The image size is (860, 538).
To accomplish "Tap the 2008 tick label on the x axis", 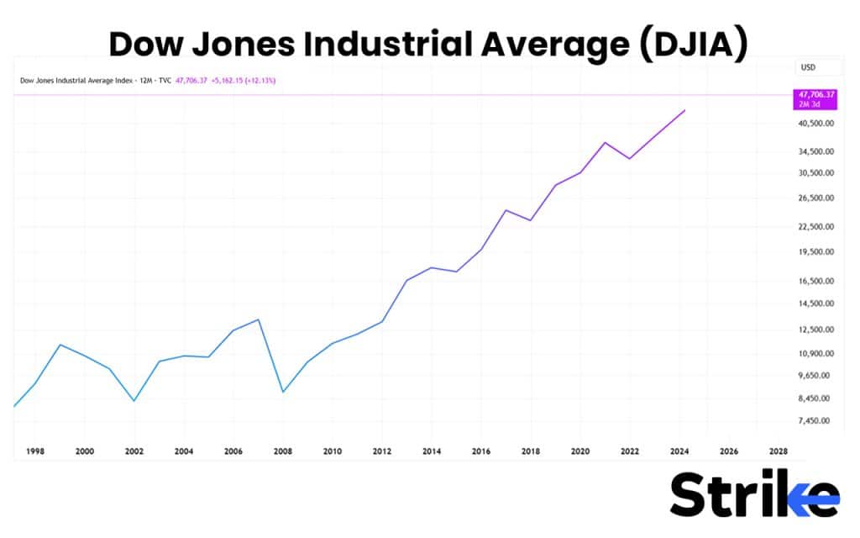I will click(283, 451).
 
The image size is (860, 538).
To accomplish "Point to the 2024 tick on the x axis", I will click(679, 451).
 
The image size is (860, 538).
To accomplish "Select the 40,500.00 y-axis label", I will click(816, 123).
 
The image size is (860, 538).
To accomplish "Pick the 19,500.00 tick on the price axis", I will click(816, 251).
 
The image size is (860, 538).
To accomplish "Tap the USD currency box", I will click(809, 67).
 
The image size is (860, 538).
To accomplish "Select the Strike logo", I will click(754, 494).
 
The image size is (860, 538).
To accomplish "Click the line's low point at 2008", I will click(283, 392).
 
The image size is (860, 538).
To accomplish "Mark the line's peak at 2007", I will click(259, 319).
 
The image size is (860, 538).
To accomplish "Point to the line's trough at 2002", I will click(134, 401).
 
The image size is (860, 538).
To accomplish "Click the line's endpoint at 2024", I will click(686, 110).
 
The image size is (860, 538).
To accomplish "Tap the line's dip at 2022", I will click(630, 158).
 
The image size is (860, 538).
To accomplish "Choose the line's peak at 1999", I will click(60, 345).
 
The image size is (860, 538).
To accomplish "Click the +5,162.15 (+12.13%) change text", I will click(244, 81).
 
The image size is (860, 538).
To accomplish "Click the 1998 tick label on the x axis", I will click(35, 451).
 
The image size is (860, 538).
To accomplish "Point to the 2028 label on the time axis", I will click(779, 451).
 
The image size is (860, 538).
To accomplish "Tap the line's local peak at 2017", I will click(506, 210).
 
